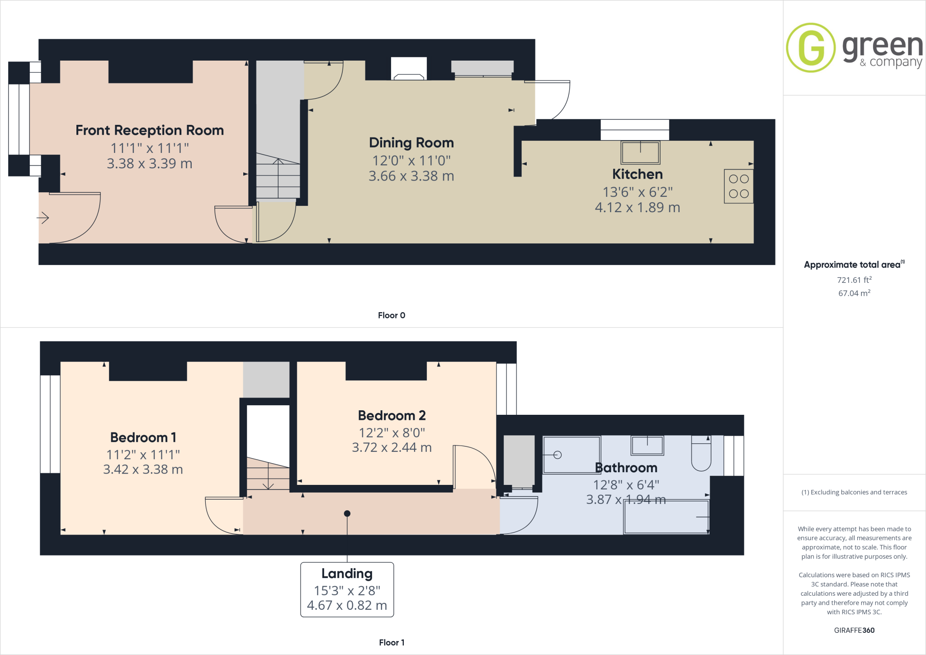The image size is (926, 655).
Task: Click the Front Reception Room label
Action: pos(149,130)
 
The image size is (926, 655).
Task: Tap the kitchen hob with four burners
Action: pos(738,186)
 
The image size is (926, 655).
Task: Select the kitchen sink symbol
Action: pos(640,152)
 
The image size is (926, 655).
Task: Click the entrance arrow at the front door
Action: pos(43,218)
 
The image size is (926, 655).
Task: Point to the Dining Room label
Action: pos(411,142)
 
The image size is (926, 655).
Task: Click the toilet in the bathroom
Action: pos(701,454)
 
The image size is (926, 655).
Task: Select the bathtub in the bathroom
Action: pos(666,517)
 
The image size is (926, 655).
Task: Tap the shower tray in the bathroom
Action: pos(572,455)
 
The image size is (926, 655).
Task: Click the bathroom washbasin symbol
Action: pos(647,446)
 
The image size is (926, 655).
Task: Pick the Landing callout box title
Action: pos(347,574)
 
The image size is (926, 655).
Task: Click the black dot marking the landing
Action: pos(347,513)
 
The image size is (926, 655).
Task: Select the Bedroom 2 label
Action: pos(392,415)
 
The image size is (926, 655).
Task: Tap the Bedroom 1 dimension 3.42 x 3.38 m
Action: pos(143,470)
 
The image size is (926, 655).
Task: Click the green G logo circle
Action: pos(811,47)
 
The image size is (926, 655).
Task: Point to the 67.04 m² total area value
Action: pos(854,293)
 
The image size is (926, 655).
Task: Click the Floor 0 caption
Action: pos(392,315)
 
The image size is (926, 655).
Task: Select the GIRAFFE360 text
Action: pos(854,630)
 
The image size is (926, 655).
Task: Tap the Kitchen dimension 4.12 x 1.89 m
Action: pos(637,208)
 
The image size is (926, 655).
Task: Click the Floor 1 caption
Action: pos(392,642)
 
